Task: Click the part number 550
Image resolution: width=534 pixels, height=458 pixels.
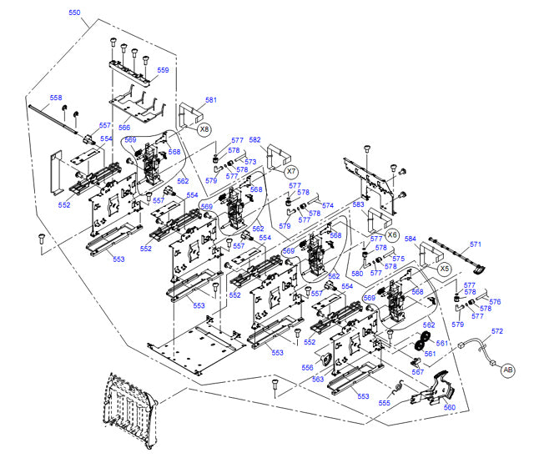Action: point(74,13)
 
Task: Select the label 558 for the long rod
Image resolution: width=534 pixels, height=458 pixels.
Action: point(56,98)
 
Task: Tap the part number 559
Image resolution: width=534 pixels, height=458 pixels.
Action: point(162,70)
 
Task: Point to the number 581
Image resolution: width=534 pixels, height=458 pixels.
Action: point(210,100)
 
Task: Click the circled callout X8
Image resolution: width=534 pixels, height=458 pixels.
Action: point(204,129)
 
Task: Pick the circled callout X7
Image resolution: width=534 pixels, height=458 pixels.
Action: point(292,169)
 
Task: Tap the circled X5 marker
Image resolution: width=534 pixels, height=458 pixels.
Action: point(444,269)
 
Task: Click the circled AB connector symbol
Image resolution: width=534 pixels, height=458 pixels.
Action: point(508,371)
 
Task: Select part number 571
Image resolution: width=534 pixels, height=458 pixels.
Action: point(475,244)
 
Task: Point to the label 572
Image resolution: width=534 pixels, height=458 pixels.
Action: point(496,331)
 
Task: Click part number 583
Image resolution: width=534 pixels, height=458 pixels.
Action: point(358,204)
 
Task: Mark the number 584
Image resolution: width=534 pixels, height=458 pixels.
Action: point(410,239)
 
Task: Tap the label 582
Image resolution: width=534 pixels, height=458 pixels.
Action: point(254,139)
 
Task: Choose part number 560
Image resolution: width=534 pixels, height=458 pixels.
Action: point(450,407)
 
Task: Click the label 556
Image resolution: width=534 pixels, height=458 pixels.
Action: point(307,366)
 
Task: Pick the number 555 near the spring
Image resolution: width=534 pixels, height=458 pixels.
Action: point(384,403)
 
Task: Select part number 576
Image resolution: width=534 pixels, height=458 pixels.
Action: point(494,302)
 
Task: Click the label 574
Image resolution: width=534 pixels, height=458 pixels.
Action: point(328,205)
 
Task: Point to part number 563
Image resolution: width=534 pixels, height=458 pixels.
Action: point(318,378)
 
